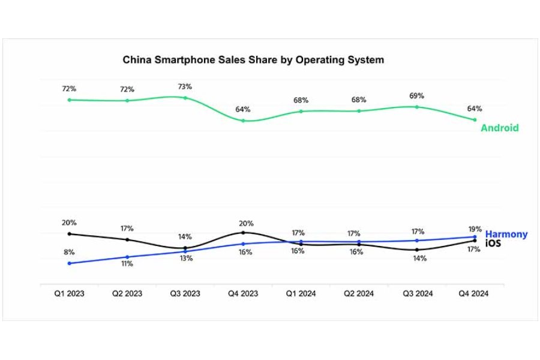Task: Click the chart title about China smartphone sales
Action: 253,60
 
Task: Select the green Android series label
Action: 499,128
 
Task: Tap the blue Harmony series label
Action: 506,234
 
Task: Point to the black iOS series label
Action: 494,243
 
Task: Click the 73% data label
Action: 185,86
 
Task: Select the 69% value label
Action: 417,96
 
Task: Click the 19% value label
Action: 474,229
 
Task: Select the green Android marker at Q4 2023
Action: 243,121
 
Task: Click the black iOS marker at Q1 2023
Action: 69,233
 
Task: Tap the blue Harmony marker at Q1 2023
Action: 69,263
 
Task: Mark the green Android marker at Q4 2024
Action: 475,119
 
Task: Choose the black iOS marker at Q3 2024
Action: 417,250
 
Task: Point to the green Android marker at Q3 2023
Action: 185,97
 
